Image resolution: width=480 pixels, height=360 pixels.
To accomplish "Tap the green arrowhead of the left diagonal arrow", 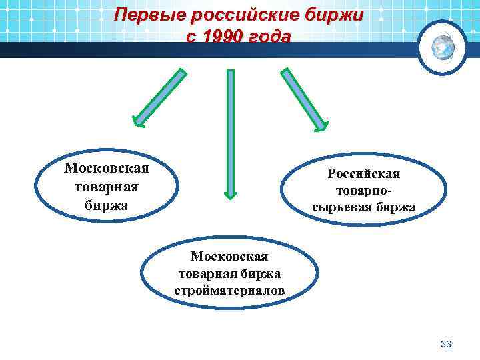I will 139,120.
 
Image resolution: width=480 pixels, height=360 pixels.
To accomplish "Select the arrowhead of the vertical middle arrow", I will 230,193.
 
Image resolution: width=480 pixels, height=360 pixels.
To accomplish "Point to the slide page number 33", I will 446,344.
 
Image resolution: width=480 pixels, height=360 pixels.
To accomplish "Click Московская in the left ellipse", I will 107,167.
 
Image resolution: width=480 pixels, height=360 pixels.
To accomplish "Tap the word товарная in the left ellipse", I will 107,186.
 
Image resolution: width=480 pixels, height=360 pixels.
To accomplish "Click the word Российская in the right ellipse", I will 364,174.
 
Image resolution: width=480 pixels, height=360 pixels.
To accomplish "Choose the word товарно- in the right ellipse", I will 364,191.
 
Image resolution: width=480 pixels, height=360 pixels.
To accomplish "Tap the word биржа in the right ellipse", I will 398,208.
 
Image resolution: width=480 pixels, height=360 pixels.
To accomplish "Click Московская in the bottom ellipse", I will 229,256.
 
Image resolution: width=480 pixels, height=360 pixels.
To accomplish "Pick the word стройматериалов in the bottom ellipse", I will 229,291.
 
